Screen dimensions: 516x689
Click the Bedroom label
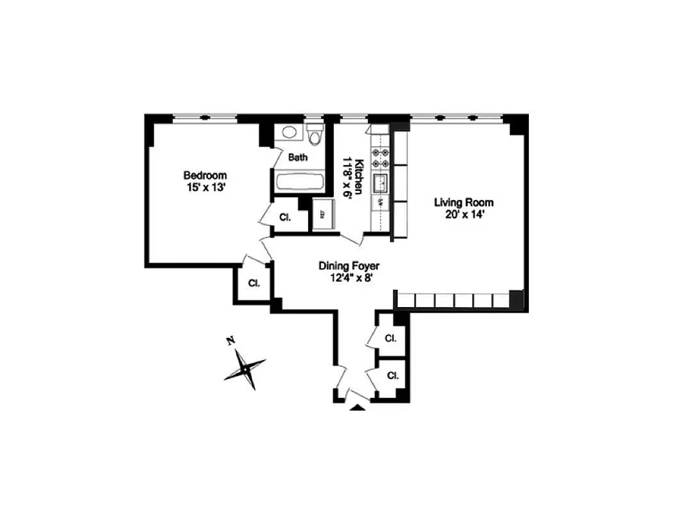click(205, 175)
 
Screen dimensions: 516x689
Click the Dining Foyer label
click(349, 266)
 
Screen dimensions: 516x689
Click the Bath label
click(298, 157)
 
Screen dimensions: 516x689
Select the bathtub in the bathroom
click(299, 181)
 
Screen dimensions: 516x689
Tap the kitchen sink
click(380, 182)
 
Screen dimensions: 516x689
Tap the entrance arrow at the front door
click(356, 408)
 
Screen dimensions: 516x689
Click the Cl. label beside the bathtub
click(285, 217)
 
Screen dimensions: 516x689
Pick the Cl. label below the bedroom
click(254, 283)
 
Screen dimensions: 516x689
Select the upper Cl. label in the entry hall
click(390, 339)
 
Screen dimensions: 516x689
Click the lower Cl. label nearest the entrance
click(392, 375)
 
